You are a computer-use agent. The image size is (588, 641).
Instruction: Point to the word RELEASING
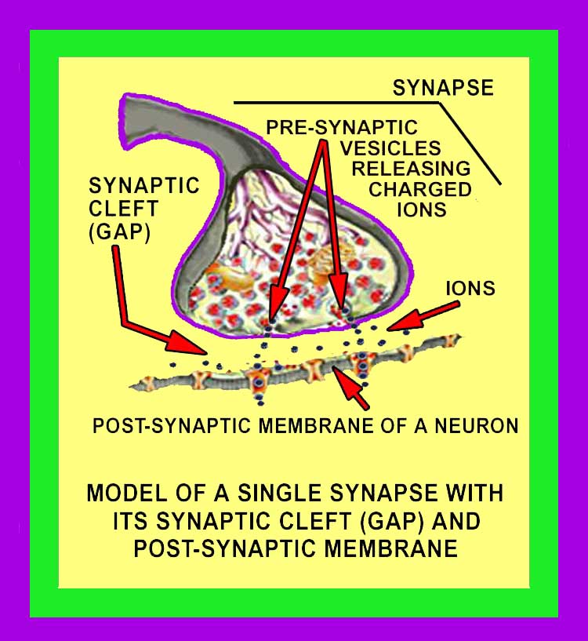pyautogui.click(x=411, y=168)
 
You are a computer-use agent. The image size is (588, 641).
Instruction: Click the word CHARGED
pyautogui.click(x=420, y=189)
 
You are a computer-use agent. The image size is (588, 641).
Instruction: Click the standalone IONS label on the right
pyautogui.click(x=470, y=289)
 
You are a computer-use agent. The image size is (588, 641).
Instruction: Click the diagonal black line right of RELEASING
pyautogui.click(x=470, y=145)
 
